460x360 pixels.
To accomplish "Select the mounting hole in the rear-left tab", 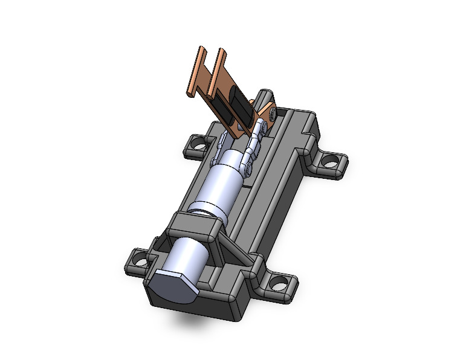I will pos(195,144).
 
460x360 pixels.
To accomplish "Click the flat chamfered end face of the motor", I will pos(171,287).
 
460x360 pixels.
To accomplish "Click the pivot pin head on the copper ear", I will pos(273,112).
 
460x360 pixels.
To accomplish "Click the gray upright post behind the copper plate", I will pos(264,98).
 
